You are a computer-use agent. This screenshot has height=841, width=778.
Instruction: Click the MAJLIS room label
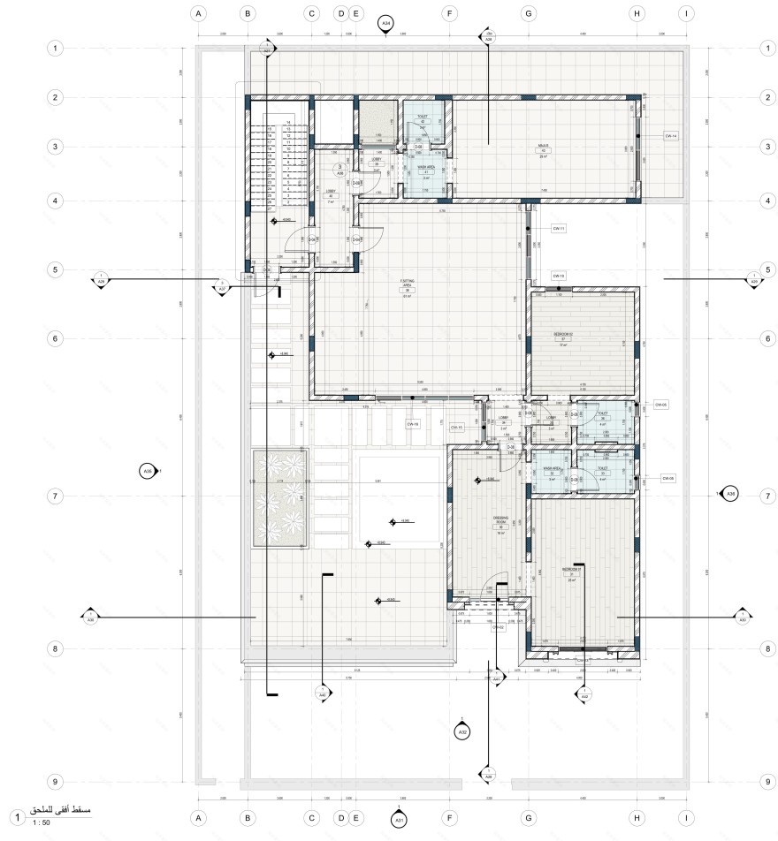(544, 147)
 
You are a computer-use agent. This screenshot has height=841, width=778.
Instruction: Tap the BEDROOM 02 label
(563, 335)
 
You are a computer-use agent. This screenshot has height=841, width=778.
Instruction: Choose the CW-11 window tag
(558, 229)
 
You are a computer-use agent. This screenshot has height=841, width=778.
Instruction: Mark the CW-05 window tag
(660, 405)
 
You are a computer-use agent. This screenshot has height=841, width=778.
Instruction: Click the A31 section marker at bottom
(399, 819)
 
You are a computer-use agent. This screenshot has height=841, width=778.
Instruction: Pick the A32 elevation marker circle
(461, 731)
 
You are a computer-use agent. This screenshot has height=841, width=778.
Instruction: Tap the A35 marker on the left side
(148, 472)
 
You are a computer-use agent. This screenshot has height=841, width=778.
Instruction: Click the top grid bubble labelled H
(637, 13)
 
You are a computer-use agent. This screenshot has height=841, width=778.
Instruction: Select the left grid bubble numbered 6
(56, 339)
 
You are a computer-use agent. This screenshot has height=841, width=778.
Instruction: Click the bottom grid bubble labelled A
(199, 816)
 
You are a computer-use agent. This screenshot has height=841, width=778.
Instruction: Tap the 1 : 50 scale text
(41, 823)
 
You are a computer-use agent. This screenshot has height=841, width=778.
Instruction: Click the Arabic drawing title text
(62, 810)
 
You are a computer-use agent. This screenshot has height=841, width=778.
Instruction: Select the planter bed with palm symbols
(279, 499)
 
